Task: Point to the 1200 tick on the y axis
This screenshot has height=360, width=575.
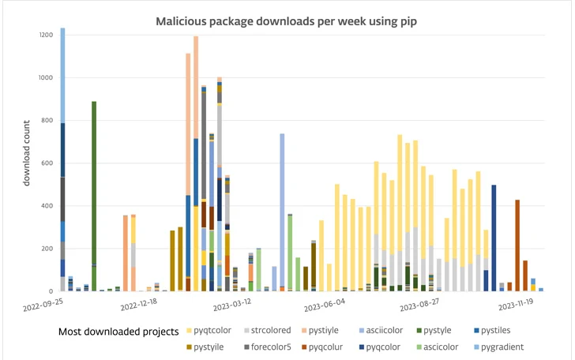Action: pos(46,36)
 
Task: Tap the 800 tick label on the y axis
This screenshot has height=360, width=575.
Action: pos(48,121)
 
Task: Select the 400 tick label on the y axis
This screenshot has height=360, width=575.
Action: pos(48,206)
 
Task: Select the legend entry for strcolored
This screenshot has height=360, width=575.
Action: pos(290,332)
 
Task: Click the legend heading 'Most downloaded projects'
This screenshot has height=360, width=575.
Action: pos(118,332)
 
